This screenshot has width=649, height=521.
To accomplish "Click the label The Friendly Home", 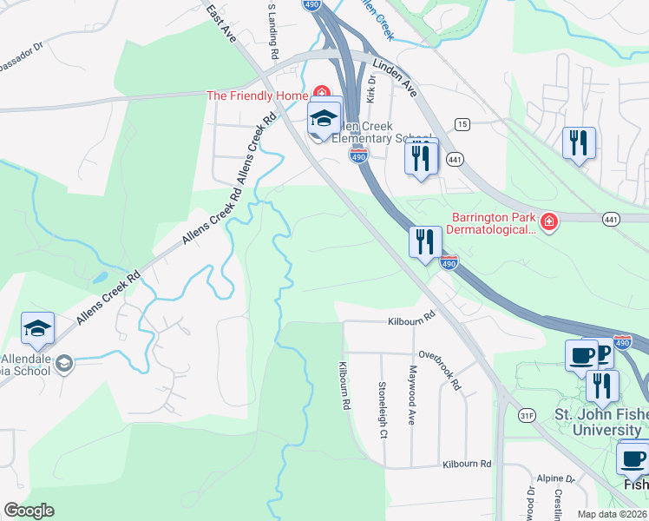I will tap(259, 96).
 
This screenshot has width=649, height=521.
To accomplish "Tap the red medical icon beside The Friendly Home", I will tap(322, 92).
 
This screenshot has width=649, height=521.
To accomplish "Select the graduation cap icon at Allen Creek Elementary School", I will tap(324, 119).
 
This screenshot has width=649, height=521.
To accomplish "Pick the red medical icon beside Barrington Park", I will tap(547, 224).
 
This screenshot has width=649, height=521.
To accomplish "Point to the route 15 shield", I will tap(462, 125).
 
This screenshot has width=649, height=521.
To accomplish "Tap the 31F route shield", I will tap(526, 417).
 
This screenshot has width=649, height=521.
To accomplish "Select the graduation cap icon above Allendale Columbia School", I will tap(38, 328).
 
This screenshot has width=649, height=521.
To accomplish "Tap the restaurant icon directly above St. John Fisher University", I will tap(601, 385).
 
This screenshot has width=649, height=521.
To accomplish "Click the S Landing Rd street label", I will tap(272, 30).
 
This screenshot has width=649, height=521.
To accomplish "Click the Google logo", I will tap(29, 511).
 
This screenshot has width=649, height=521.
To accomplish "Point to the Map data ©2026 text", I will tap(612, 514).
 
